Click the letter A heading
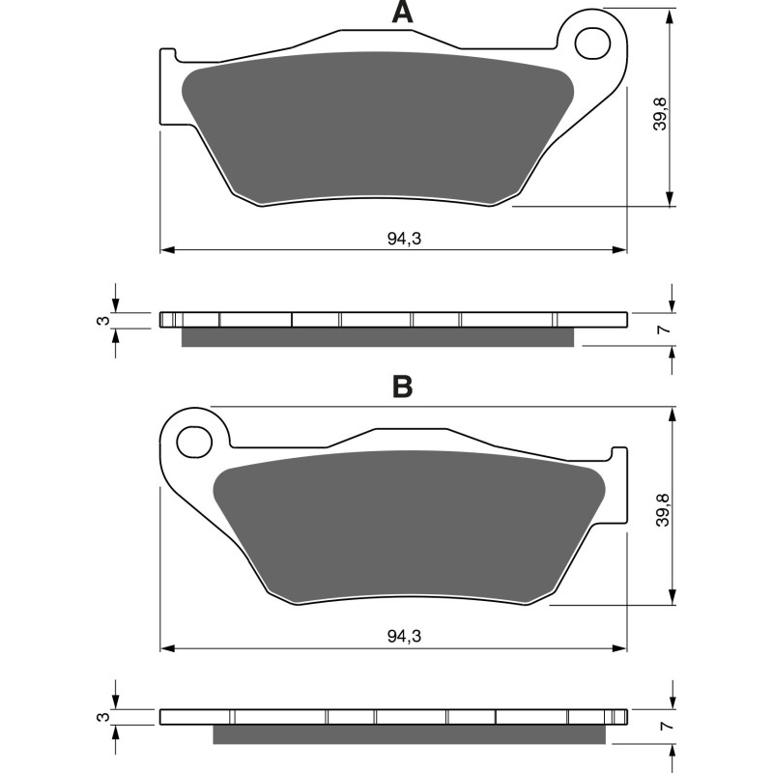point(402,13)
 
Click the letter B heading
point(402,387)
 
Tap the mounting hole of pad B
point(193,442)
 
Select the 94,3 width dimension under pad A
point(403,239)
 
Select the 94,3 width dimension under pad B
point(403,637)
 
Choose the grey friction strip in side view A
point(377,336)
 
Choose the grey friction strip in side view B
point(411,734)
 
